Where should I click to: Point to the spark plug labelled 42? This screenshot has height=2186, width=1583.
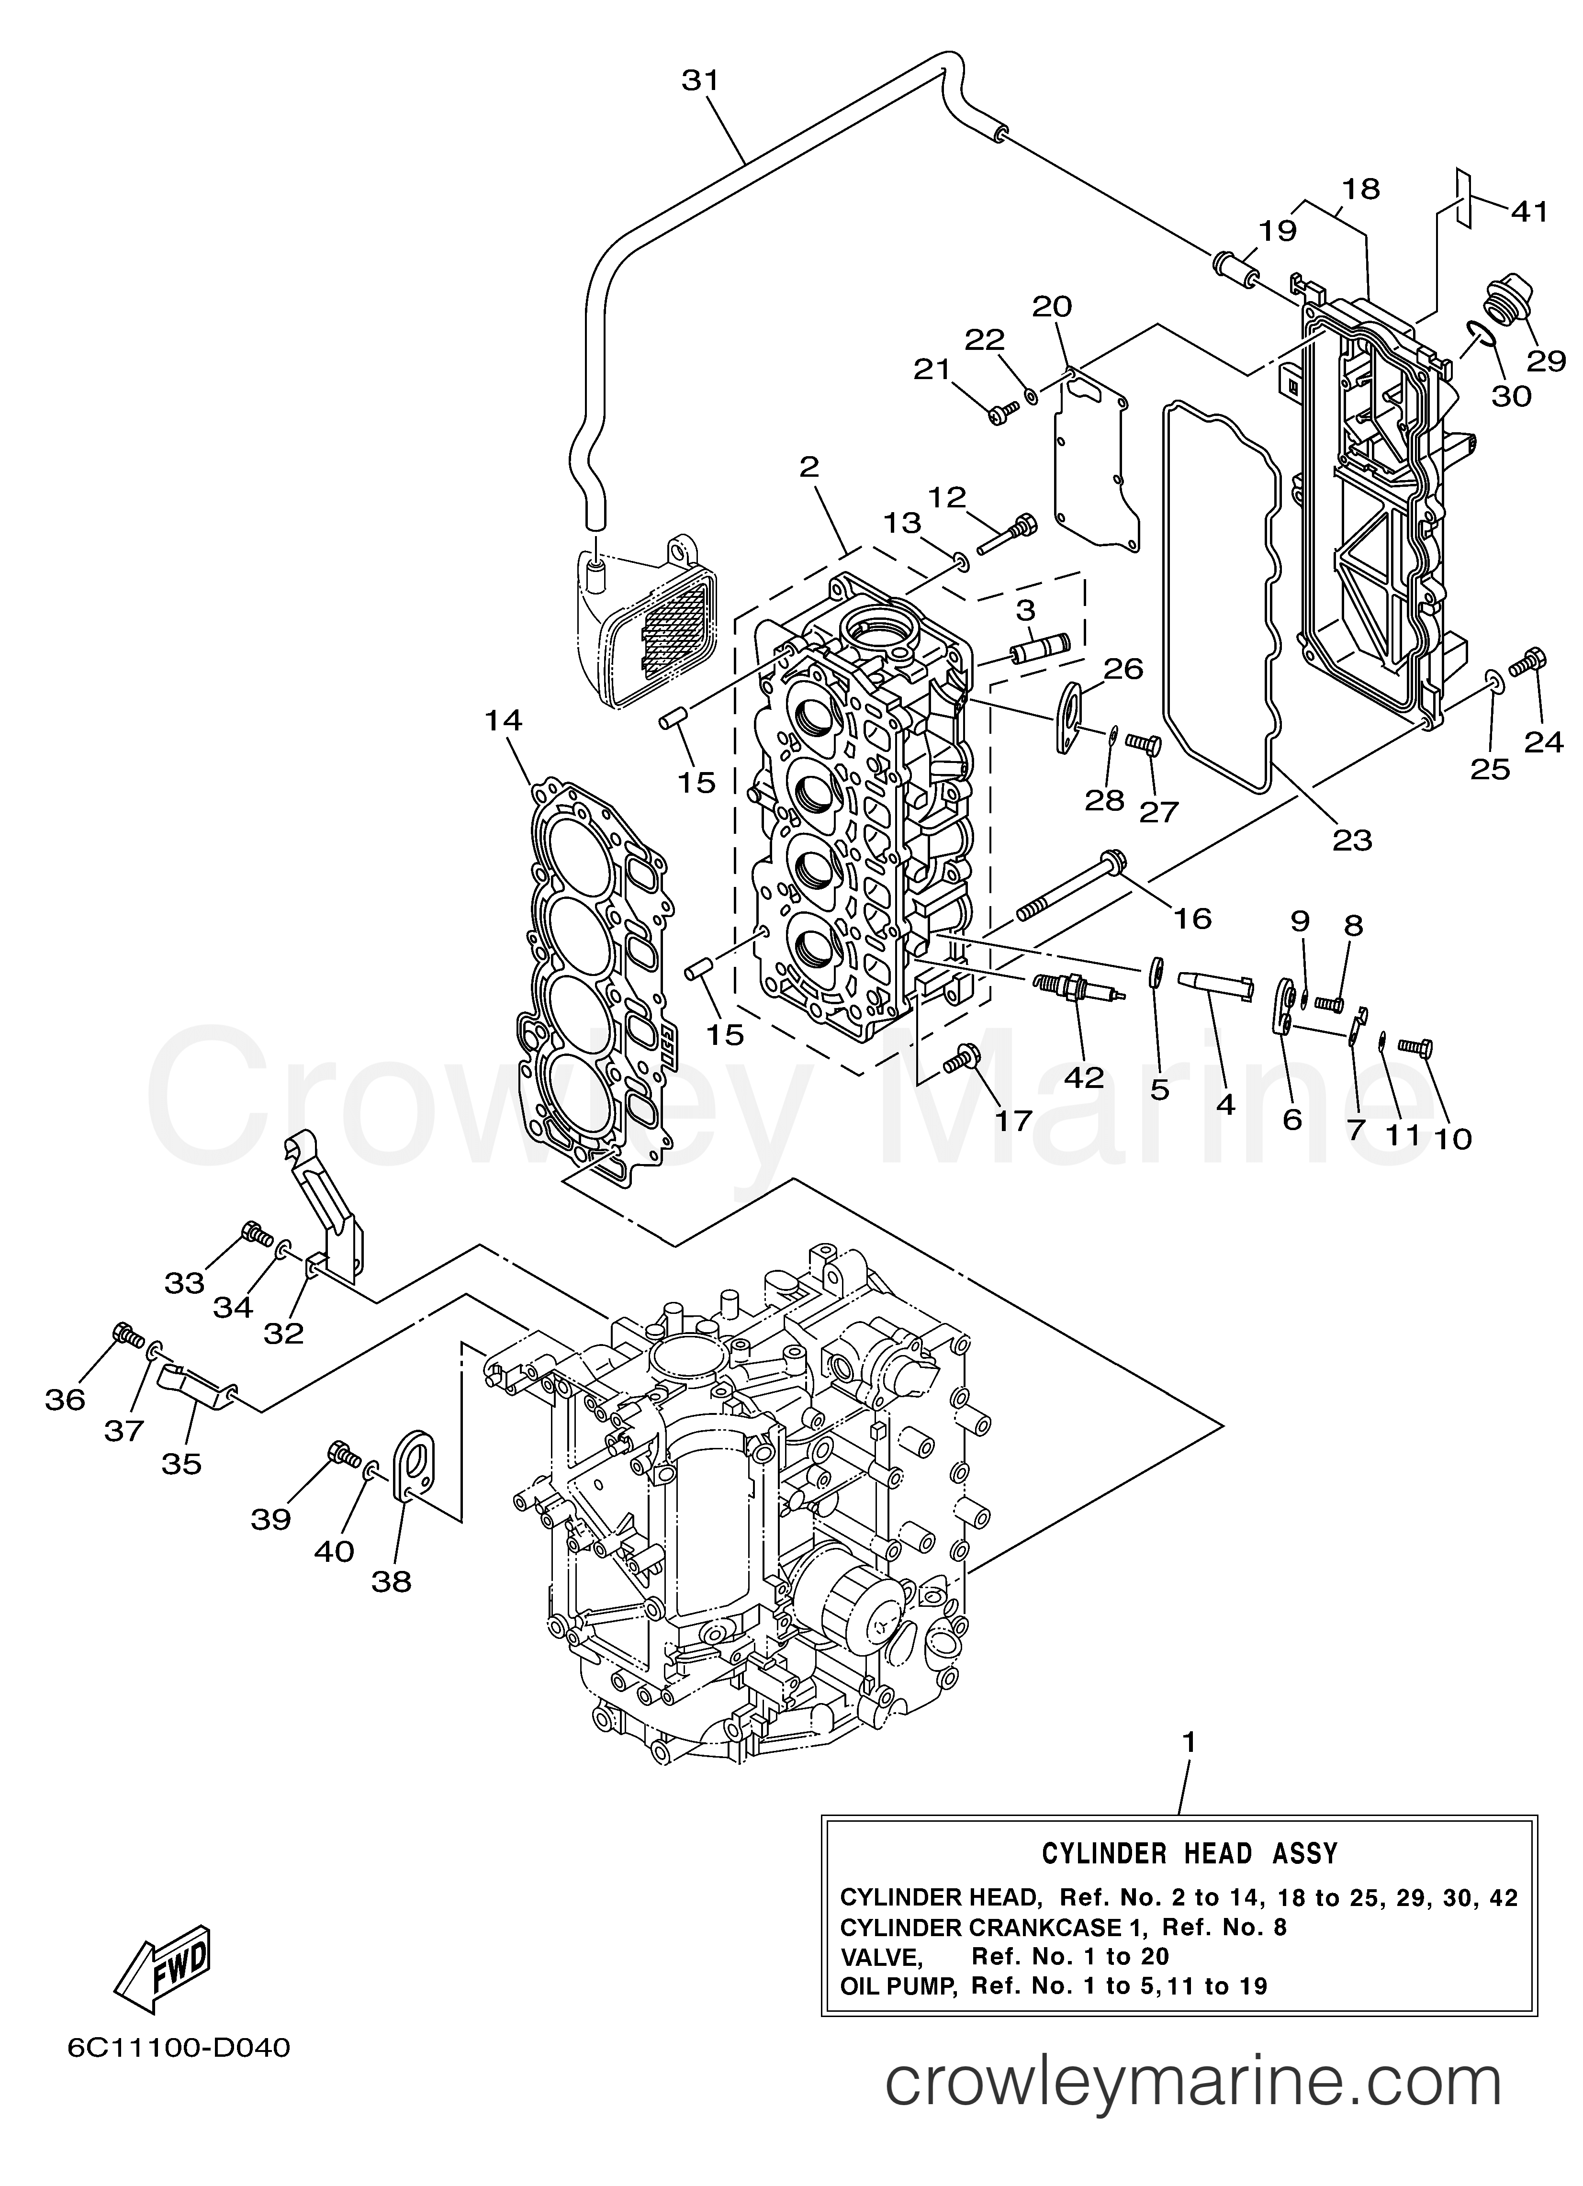1078,988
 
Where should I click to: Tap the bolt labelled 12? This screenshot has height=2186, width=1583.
1006,534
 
